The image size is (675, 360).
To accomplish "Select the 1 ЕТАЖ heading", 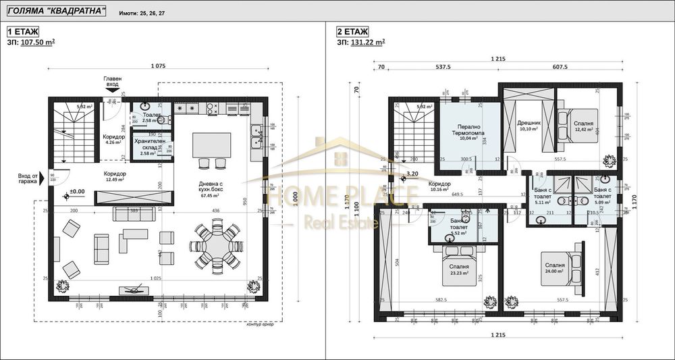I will click(x=24, y=31).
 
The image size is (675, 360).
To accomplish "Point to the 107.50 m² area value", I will click(x=38, y=42).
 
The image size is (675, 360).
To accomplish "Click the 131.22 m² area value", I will click(x=369, y=42).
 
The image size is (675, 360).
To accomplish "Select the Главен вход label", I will click(x=113, y=82).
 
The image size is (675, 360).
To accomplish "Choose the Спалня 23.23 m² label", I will click(x=459, y=269).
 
